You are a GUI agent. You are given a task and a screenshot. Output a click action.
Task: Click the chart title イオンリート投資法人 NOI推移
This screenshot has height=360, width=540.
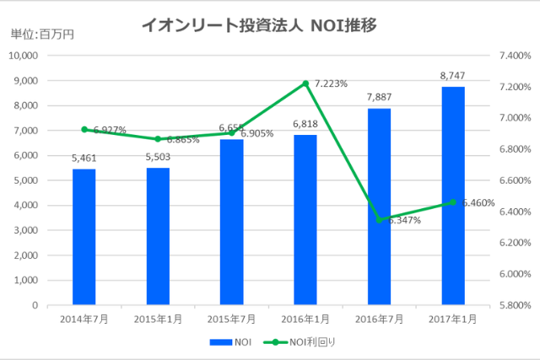tap(257, 26)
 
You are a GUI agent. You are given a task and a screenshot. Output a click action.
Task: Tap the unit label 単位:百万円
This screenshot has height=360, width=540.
tap(41, 35)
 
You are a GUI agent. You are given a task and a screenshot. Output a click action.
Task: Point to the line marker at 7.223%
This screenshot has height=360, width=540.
tap(305, 83)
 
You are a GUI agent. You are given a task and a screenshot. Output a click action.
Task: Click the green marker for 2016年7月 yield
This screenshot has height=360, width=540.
tap(379, 219)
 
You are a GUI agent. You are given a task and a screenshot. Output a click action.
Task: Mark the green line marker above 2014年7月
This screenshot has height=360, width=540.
tap(84, 130)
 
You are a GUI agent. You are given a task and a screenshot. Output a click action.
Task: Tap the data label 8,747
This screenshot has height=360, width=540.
tap(453, 77)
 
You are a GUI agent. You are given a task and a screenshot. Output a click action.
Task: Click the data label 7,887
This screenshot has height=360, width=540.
tap(379, 98)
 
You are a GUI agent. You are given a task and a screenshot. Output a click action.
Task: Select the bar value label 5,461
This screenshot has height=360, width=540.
tap(84, 158)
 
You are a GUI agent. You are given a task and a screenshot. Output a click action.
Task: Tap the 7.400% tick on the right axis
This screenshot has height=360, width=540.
tap(513, 56)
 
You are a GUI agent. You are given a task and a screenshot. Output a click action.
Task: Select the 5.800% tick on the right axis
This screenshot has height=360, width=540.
tap(513, 305)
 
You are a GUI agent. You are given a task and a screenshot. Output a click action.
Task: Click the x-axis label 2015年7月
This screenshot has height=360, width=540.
tap(231, 319)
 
